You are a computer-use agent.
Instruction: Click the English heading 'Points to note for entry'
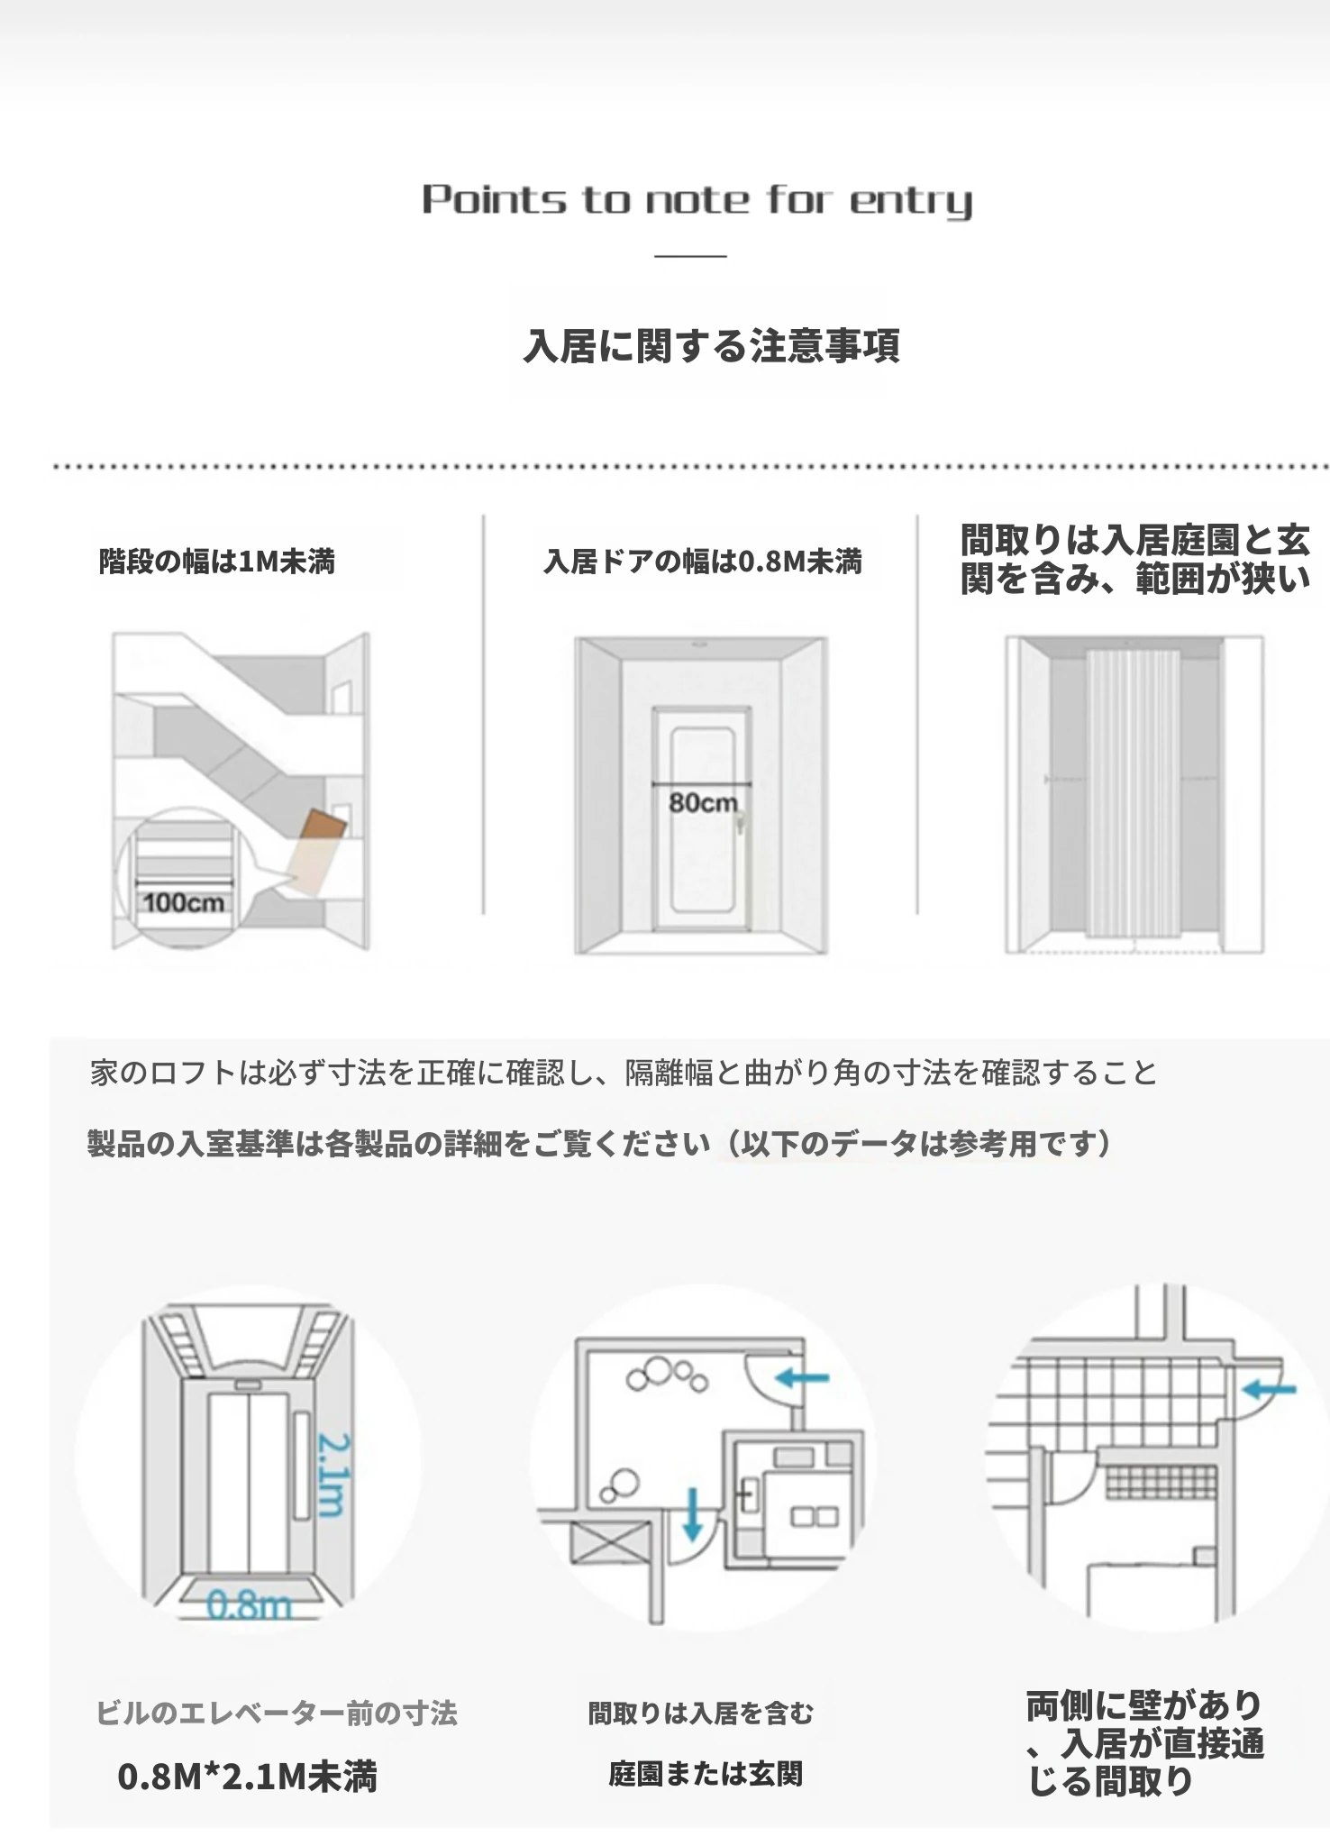697,201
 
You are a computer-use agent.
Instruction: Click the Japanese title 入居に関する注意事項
712,345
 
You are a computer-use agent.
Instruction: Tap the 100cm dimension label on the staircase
184,902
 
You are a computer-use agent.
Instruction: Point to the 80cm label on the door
703,802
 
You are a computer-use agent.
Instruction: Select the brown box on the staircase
323,827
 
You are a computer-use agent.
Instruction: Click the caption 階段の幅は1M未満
217,562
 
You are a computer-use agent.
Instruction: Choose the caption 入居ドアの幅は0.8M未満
703,562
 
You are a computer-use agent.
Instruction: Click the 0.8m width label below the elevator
249,1604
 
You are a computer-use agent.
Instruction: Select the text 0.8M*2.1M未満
248,1776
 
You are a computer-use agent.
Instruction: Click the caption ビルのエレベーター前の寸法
277,1713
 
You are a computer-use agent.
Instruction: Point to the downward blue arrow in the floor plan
692,1513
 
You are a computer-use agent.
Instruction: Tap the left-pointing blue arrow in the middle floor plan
803,1376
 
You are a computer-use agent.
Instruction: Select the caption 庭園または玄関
705,1774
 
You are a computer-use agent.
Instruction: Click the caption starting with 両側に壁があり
1145,1743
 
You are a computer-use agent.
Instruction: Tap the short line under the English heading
690,256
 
